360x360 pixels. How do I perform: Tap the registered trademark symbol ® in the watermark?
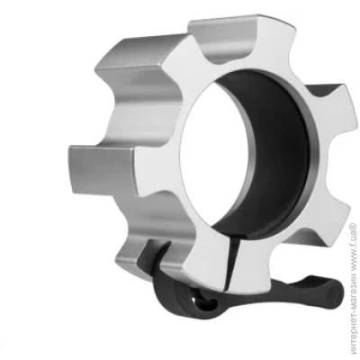point(353,226)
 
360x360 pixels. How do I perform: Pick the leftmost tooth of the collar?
point(102,168)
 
